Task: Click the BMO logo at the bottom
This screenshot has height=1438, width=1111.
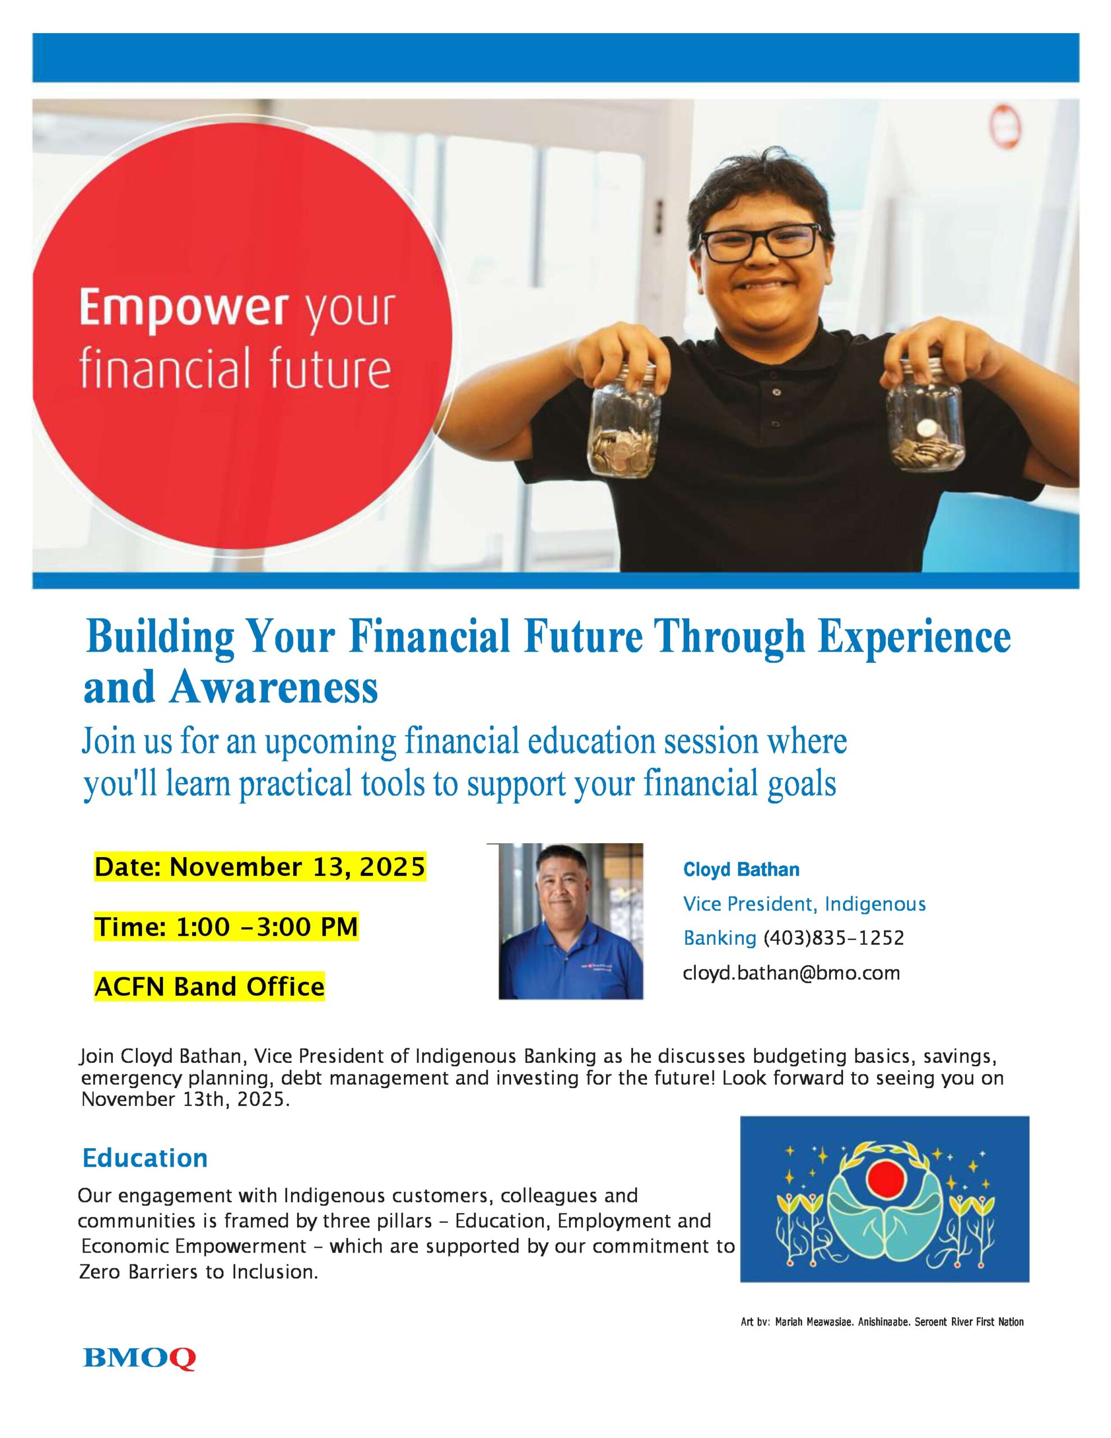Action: (x=139, y=1358)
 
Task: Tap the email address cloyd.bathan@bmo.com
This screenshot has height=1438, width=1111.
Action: (x=791, y=972)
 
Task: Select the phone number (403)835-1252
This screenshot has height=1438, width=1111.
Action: (x=834, y=938)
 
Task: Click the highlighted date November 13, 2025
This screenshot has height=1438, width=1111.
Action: (x=259, y=867)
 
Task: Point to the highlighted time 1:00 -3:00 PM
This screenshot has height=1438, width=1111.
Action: (x=226, y=926)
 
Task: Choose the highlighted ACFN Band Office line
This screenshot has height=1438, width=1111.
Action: (x=210, y=986)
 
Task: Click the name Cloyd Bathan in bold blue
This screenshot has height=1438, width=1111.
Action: (x=741, y=869)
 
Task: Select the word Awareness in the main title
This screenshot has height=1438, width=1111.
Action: (x=274, y=687)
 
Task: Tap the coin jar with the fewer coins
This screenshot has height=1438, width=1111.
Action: (x=925, y=414)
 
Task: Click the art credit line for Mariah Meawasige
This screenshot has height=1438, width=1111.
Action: (x=882, y=1322)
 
